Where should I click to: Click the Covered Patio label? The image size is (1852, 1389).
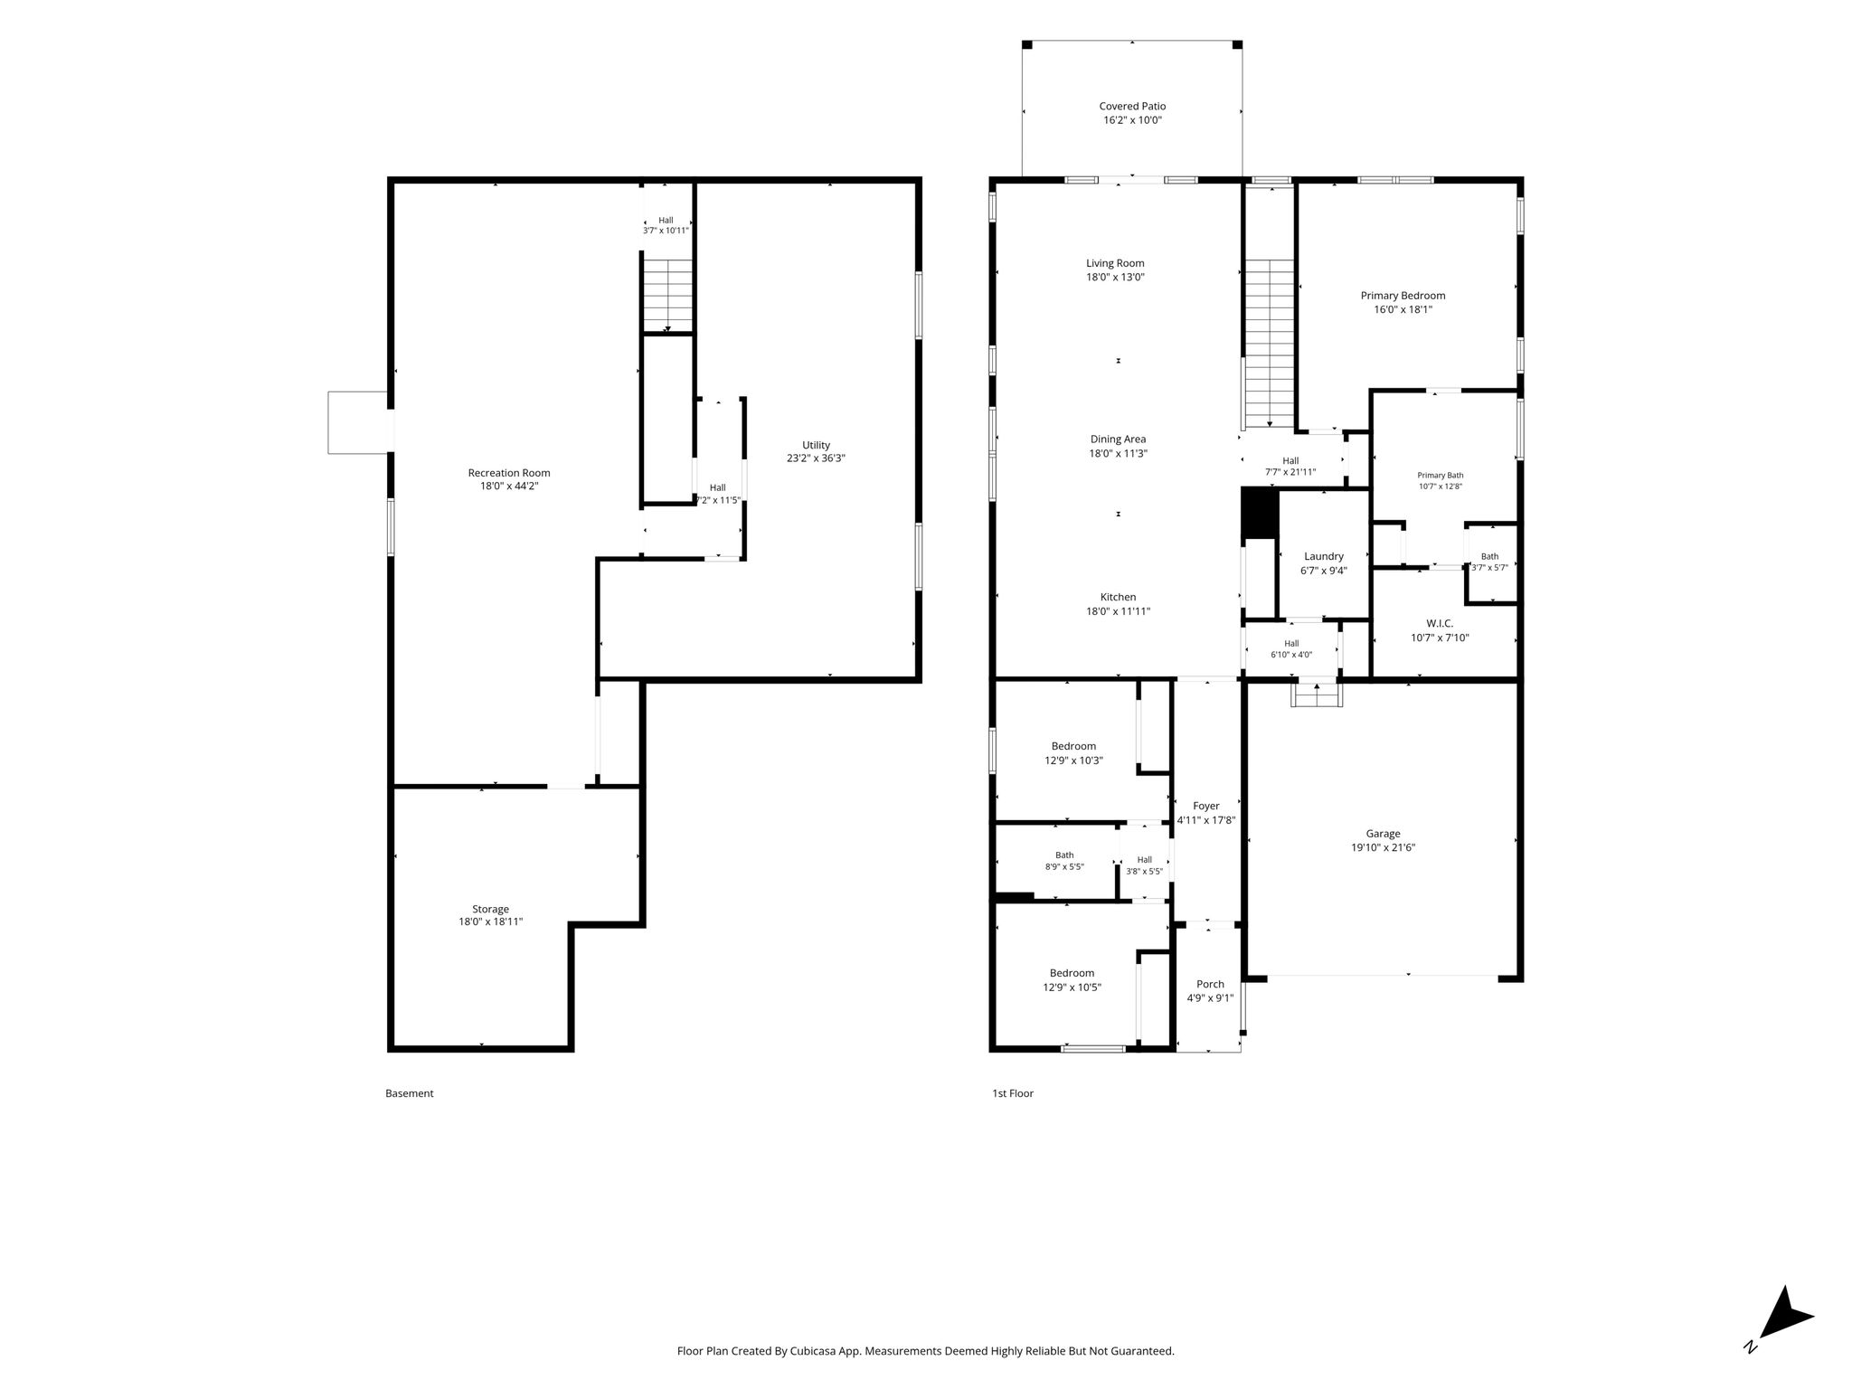[1132, 106]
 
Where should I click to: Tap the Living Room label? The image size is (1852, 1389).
[1115, 263]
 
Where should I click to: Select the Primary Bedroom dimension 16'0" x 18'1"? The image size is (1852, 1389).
[1403, 309]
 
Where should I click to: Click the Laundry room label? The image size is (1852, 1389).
[1324, 556]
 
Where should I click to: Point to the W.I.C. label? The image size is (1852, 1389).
[1440, 623]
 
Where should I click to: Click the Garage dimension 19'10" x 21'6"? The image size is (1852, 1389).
[1383, 847]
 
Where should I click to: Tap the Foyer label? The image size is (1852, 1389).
[1206, 806]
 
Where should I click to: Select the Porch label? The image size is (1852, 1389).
[1210, 984]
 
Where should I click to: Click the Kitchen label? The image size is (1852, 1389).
[1118, 597]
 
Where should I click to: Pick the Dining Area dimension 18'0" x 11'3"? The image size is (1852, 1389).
[1118, 454]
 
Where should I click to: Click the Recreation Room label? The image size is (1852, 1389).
[509, 472]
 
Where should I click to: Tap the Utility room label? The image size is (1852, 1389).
[816, 445]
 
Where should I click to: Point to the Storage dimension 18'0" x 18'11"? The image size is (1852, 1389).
[490, 922]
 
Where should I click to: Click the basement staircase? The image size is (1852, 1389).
[667, 296]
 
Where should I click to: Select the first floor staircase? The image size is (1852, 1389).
[1270, 344]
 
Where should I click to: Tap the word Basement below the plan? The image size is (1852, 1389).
[410, 1093]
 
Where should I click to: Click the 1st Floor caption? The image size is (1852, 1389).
[1013, 1093]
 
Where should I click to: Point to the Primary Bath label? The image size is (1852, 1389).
[1440, 475]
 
